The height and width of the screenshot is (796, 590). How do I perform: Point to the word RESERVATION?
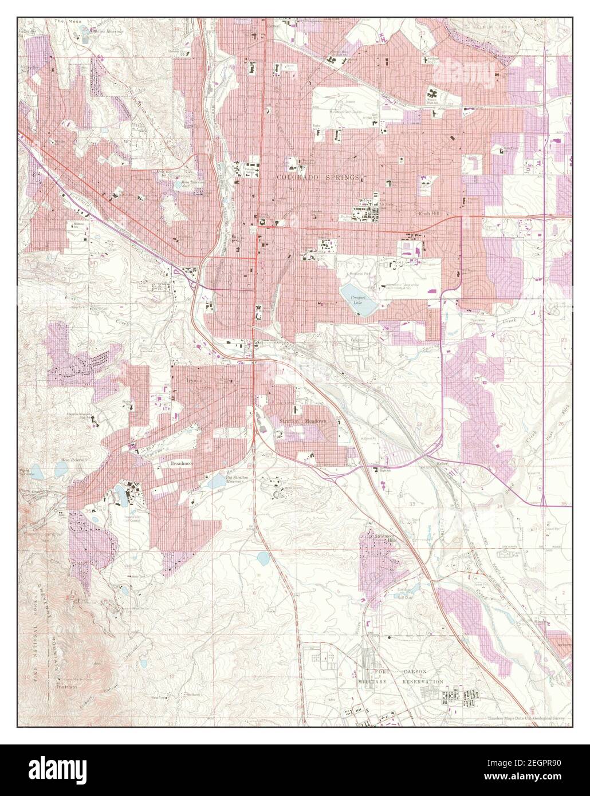click(423, 682)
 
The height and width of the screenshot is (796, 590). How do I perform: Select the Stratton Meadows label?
click(301, 420)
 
